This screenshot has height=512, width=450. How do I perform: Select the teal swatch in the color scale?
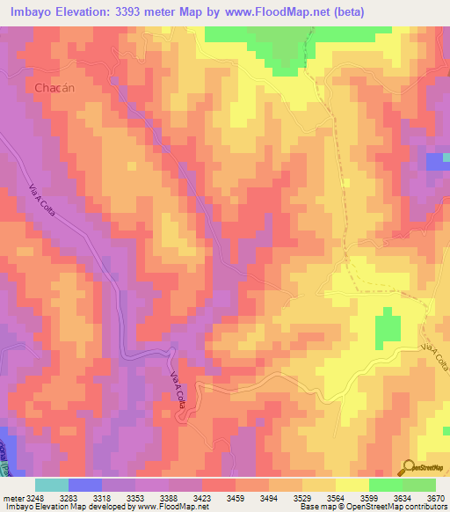coord(52,485)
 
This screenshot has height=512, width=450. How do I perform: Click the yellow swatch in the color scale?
coord(352,485)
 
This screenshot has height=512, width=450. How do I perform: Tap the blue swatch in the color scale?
coord(85,485)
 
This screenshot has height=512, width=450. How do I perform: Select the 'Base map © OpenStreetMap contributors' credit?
coord(371,508)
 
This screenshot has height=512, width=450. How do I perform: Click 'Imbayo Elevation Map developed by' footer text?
coord(58,508)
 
